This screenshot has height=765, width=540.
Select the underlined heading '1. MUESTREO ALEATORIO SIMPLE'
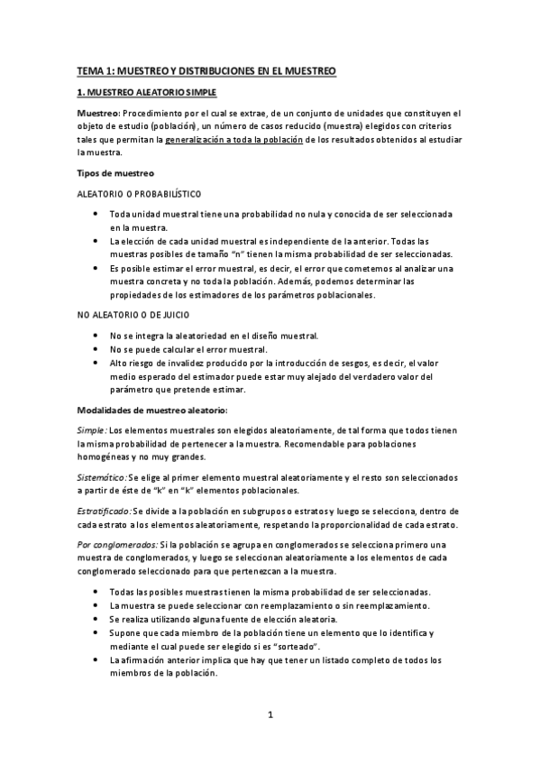coord(146,92)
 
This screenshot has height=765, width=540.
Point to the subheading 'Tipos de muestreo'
coord(116,173)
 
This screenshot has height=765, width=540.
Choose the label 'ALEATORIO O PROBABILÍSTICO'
coord(138,194)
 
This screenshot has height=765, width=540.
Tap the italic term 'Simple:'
coord(91,431)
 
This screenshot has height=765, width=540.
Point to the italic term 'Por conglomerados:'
coord(116,544)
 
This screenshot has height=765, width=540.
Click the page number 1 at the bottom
coord(270,715)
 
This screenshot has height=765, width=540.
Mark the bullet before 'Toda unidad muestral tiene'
coord(96,214)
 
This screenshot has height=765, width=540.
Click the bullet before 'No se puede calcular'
coord(96,349)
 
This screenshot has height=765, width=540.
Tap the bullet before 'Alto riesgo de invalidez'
coord(96,363)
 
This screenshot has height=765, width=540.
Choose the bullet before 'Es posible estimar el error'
coord(96,268)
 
